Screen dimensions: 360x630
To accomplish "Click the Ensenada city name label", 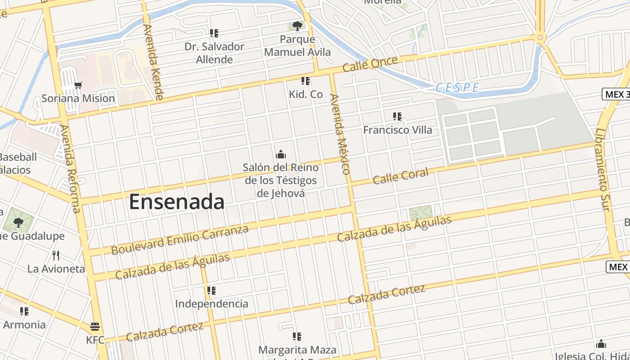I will tap(176, 202).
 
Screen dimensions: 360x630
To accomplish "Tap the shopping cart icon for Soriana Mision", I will tap(78, 85).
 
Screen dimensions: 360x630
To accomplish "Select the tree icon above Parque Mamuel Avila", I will tap(297, 26).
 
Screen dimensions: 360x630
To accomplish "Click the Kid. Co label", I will tap(306, 94).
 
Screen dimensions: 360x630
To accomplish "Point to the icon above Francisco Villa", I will tap(397, 117).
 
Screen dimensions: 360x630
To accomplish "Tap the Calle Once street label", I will tap(370, 64).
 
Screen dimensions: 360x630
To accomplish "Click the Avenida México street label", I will tap(340, 134).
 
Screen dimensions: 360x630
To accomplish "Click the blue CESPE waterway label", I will tap(457, 88).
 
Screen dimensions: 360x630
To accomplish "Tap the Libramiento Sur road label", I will tap(603, 170).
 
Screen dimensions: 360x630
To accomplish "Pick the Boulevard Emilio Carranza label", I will tap(180, 240).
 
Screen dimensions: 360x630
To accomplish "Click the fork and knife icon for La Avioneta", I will tap(56, 256).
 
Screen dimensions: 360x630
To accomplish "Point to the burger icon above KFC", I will tap(94, 326).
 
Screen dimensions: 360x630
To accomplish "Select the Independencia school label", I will tap(211, 304).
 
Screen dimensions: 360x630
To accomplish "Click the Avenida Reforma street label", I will tap(71, 169).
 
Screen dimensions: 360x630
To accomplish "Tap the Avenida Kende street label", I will tap(153, 62).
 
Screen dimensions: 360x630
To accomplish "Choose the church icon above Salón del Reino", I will tap(281, 154).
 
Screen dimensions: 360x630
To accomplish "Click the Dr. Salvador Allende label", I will tap(215, 53).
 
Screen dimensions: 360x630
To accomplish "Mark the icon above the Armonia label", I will tap(24, 311).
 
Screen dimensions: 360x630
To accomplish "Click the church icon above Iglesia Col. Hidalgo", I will tap(601, 344).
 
